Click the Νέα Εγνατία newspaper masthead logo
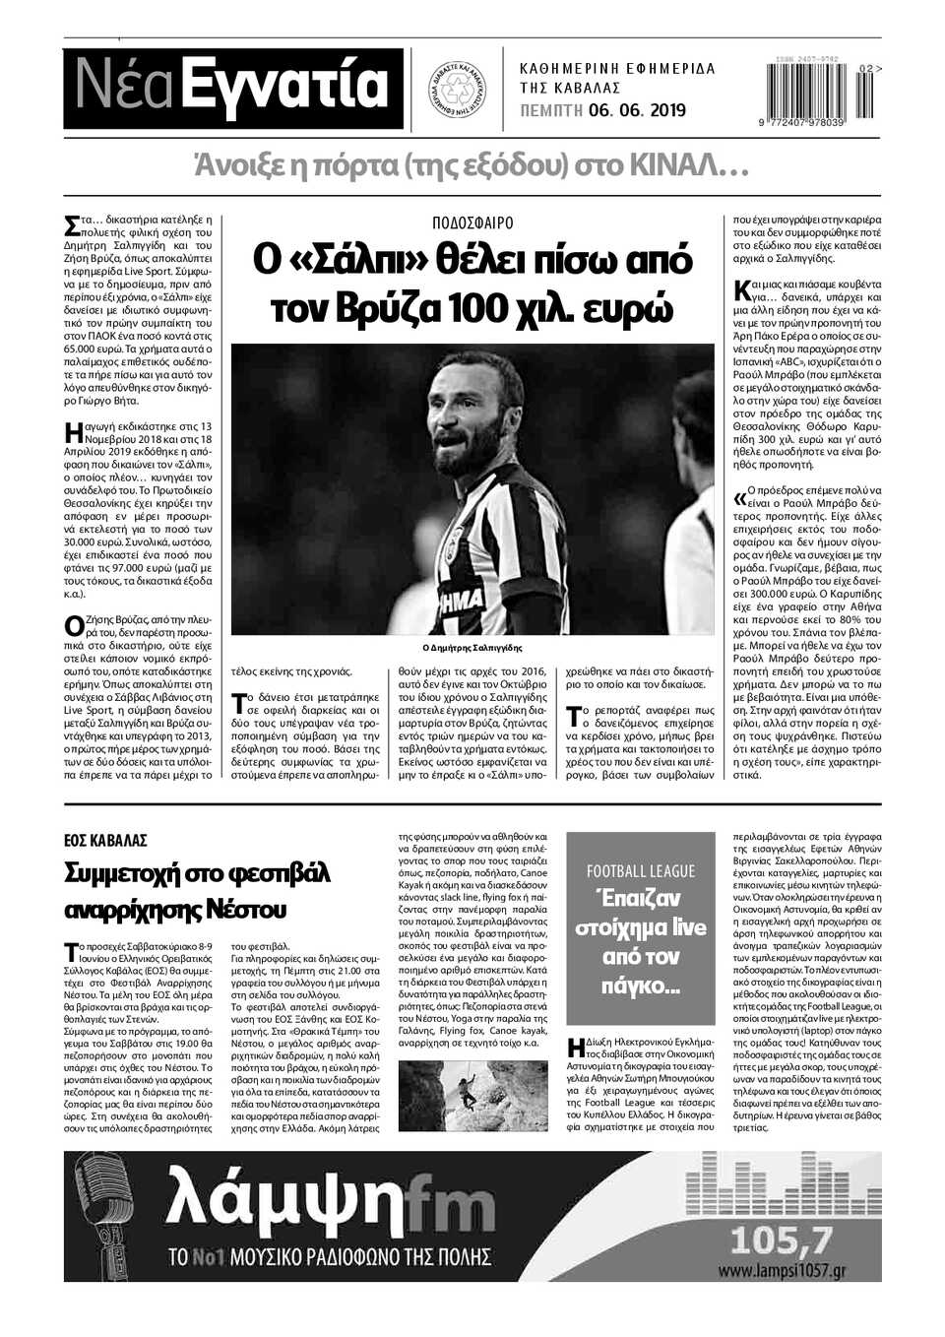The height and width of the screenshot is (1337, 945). pos(233,87)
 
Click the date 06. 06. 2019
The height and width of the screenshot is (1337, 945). pos(637,110)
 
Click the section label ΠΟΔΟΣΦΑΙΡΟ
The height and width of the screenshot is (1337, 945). pos(472,223)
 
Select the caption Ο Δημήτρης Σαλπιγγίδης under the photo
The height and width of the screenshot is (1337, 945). pos(472,648)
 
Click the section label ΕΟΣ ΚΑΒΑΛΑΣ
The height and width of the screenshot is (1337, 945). pos(105,840)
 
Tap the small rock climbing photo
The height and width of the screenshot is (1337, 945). pos(472,1096)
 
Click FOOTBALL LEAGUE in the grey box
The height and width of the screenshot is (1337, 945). pos(641,870)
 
